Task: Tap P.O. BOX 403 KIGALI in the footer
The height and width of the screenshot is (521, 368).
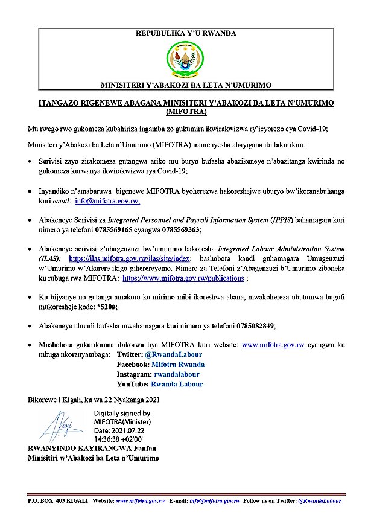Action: click(57, 500)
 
